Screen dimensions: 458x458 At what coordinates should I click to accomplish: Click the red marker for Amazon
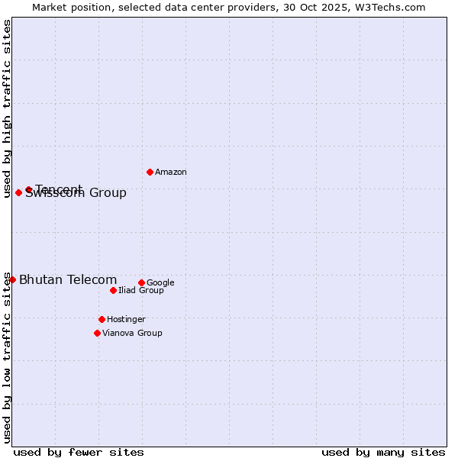click(x=150, y=172)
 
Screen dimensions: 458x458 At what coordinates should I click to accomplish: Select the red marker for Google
click(x=141, y=282)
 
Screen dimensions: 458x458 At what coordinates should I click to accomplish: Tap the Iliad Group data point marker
click(x=113, y=290)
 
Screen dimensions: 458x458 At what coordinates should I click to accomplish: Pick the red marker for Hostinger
click(x=102, y=319)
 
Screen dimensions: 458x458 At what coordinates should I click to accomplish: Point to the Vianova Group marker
click(x=97, y=333)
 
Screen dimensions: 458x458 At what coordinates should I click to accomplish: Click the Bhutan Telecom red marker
click(x=12, y=279)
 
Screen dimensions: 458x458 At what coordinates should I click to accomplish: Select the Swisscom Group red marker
click(x=18, y=192)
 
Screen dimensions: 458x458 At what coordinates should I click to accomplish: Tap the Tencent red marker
click(x=28, y=189)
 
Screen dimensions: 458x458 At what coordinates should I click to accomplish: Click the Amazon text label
click(x=171, y=173)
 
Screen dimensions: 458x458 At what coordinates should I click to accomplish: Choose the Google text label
click(x=160, y=283)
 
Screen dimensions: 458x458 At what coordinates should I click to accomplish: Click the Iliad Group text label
click(x=141, y=291)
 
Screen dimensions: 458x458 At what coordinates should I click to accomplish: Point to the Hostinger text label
click(x=126, y=320)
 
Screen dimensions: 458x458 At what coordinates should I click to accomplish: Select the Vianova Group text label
click(x=132, y=334)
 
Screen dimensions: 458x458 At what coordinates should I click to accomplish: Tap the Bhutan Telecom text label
click(x=68, y=280)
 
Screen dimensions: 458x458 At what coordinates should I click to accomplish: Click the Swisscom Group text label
click(x=76, y=194)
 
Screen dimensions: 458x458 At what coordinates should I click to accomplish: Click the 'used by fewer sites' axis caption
click(x=79, y=452)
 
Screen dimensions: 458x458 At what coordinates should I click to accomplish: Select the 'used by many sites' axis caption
click(x=383, y=452)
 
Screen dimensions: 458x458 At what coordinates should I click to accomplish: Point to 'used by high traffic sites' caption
click(x=7, y=108)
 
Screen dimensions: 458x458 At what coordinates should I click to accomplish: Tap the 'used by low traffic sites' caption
click(x=7, y=357)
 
